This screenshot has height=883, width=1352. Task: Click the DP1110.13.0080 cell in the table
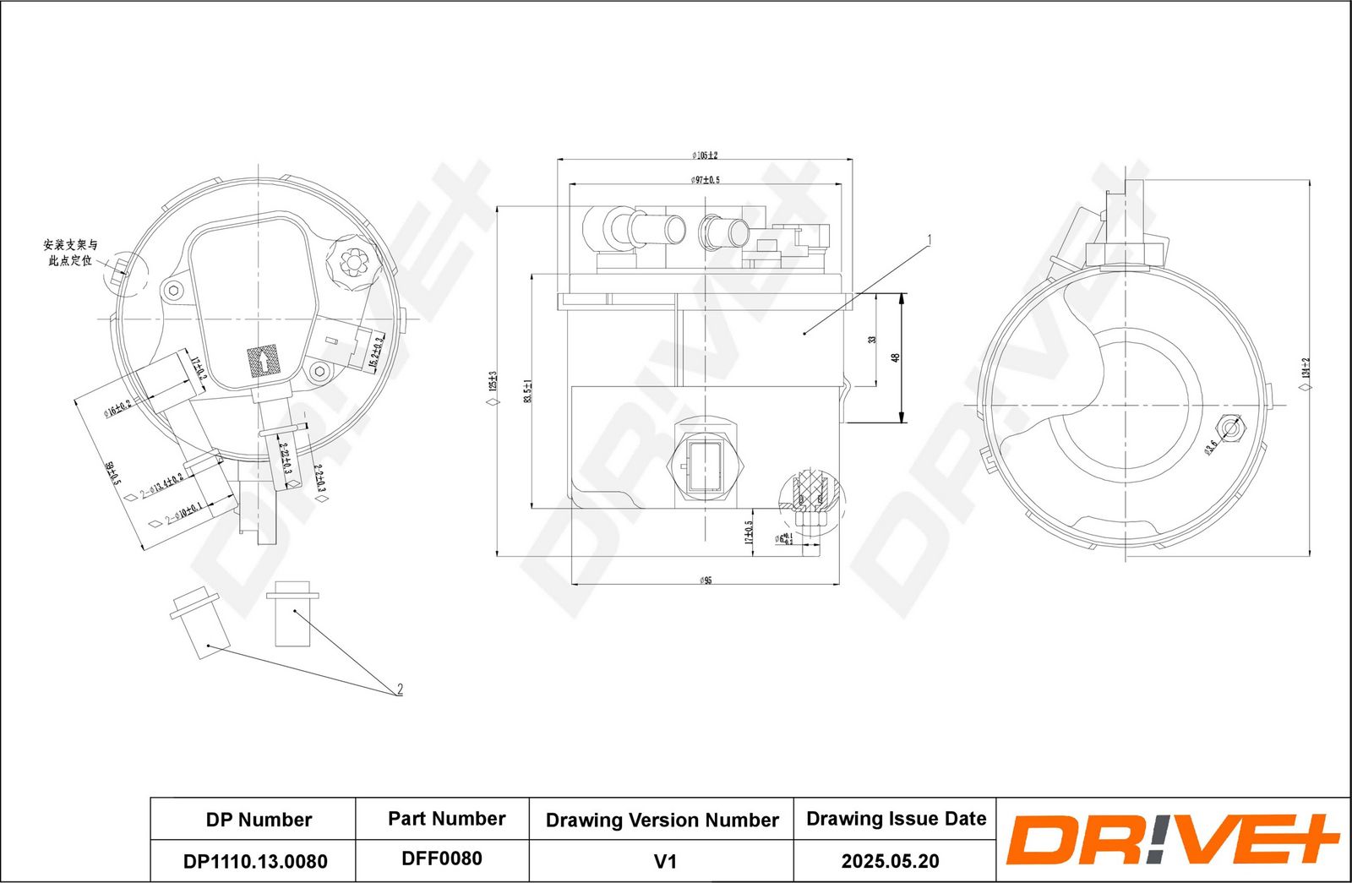[254, 861]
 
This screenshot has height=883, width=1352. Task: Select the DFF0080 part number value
[442, 858]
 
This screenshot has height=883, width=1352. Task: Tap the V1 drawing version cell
[665, 861]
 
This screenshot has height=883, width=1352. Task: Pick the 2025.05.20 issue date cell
[889, 861]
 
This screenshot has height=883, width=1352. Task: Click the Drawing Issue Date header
[896, 819]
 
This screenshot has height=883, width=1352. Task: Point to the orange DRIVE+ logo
[1172, 840]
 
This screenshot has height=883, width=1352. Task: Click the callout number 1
[929, 240]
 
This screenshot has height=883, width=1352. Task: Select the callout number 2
[400, 690]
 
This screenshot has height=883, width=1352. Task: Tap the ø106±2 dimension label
[704, 155]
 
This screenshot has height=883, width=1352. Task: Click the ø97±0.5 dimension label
[705, 180]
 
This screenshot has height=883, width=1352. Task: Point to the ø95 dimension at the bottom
[705, 580]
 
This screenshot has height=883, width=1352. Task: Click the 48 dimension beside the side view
[896, 357]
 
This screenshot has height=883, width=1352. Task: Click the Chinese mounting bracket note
[70, 253]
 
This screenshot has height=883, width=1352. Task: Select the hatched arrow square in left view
[263, 362]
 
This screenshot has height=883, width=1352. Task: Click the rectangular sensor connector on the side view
[704, 465]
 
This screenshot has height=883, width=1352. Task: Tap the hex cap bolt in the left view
[352, 262]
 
